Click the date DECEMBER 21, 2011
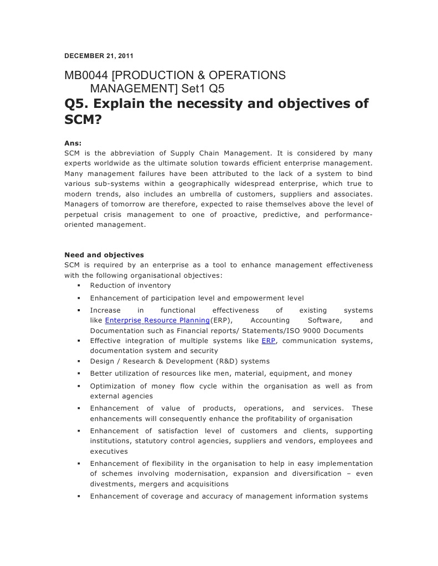coord(99,56)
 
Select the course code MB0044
coord(86,75)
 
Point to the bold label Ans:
coord(73,143)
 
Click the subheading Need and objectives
coord(104,255)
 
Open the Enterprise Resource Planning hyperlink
coord(157,320)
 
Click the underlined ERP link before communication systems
coord(268,341)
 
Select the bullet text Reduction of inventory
coord(131,285)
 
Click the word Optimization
coord(112,386)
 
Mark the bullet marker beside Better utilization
coord(79,374)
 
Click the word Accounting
coord(270,320)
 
